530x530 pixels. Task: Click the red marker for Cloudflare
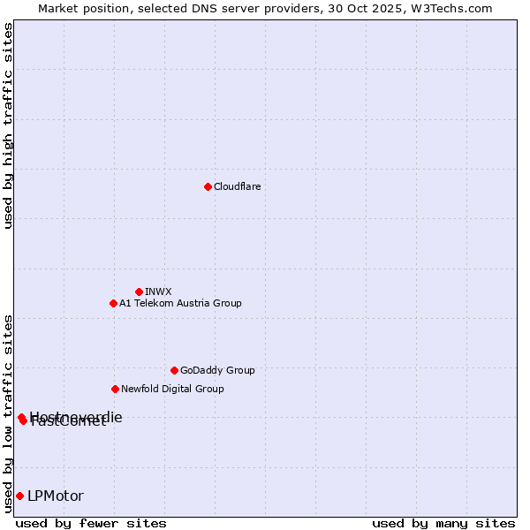(208, 186)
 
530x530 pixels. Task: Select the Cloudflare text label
(237, 186)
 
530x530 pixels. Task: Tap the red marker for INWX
(139, 291)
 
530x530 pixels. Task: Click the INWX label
(158, 291)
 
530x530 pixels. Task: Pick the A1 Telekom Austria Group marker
(113, 303)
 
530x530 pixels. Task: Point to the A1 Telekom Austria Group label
(180, 303)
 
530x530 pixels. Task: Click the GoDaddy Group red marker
(174, 370)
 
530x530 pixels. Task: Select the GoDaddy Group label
(217, 370)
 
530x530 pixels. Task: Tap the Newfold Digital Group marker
(115, 389)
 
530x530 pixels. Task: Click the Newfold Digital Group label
(172, 389)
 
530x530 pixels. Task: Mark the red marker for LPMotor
(19, 496)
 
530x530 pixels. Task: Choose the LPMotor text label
(56, 496)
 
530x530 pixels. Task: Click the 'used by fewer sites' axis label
(91, 523)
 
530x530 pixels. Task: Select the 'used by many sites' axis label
(443, 523)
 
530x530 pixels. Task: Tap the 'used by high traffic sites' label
(8, 125)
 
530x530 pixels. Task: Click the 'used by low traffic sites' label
(8, 413)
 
